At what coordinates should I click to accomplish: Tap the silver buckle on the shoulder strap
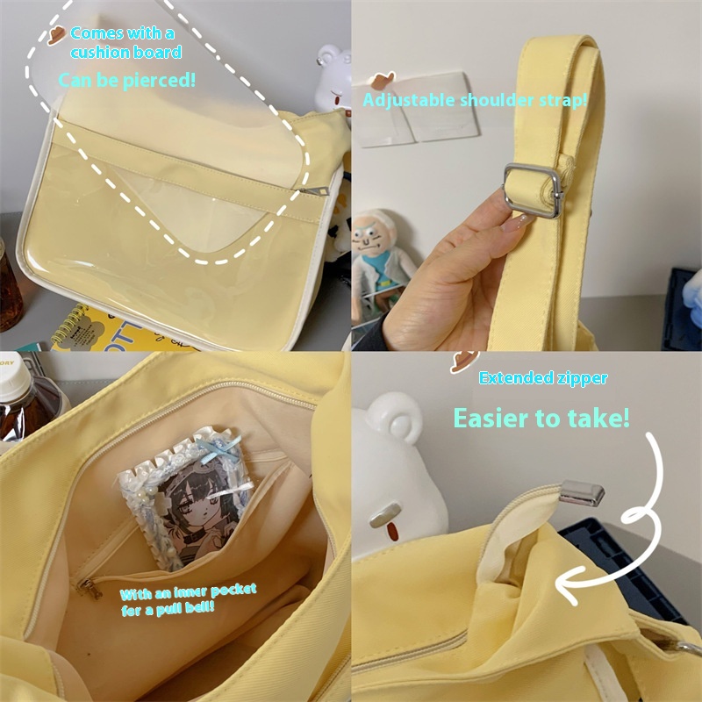(533, 190)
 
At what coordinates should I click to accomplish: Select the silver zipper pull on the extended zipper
(582, 493)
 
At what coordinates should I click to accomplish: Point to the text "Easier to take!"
(541, 419)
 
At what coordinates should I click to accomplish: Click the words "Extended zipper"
(543, 378)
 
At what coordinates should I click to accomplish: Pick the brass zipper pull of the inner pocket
(90, 588)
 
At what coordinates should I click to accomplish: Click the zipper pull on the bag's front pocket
(314, 191)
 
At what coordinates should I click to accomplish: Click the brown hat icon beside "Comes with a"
(56, 35)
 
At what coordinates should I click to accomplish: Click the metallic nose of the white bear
(385, 514)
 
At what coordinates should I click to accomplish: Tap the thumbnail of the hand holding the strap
(516, 221)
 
